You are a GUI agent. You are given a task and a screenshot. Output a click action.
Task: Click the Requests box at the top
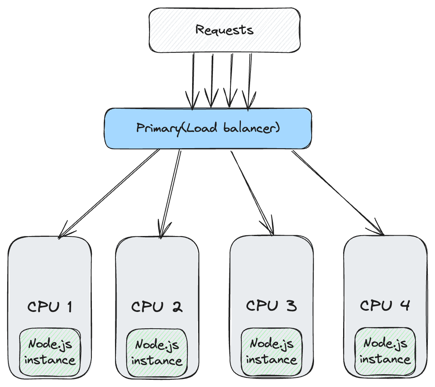click(224, 30)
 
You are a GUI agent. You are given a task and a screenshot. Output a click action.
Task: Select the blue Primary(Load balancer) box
click(208, 129)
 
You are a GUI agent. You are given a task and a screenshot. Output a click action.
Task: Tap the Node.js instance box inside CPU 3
click(271, 351)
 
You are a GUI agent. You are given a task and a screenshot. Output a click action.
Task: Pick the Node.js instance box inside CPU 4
click(385, 351)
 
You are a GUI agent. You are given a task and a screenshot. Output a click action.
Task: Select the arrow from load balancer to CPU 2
click(170, 194)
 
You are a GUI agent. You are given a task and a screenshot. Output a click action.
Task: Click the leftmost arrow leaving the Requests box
click(193, 80)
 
